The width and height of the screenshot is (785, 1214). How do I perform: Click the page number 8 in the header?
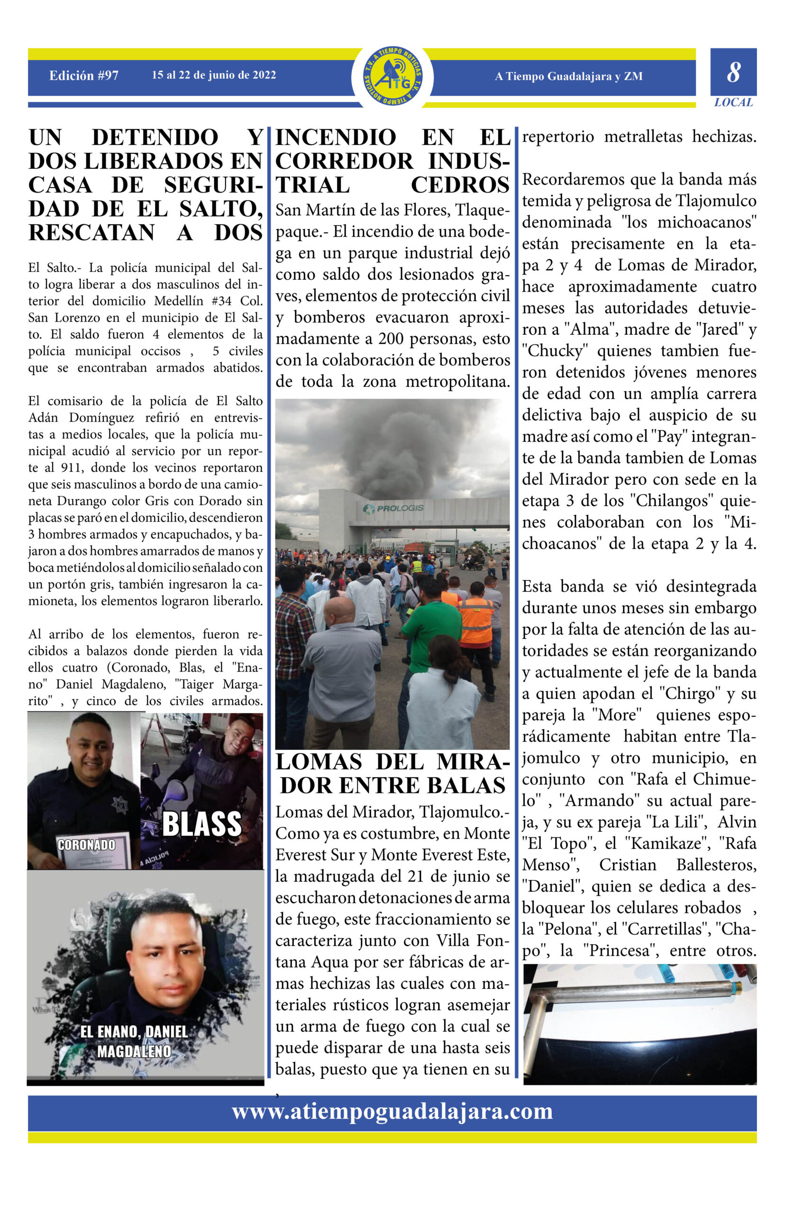pos(733,73)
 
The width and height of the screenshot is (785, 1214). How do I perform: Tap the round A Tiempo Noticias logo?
pos(392,77)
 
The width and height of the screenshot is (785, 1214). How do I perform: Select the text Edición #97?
pos(83,76)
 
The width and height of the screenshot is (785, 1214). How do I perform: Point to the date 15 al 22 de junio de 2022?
pos(214,75)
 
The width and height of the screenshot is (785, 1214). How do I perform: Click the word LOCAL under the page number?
pos(733,102)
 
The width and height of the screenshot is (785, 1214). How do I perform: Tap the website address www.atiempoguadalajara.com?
pos(392,1111)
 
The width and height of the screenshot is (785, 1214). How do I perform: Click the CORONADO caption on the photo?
pos(86,846)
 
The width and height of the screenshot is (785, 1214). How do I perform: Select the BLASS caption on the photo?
pos(201,825)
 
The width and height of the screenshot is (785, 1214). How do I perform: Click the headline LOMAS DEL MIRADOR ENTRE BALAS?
pos(392,774)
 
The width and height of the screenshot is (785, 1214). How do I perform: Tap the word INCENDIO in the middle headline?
pos(336,138)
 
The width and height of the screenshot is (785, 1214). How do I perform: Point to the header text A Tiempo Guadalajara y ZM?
pos(568,76)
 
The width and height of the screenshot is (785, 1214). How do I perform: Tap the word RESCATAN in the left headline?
pos(92,232)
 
